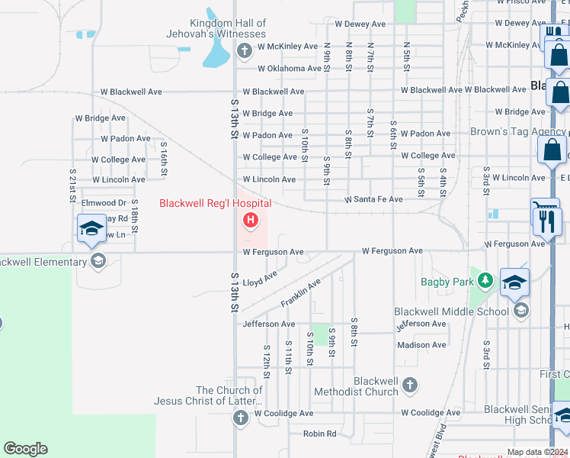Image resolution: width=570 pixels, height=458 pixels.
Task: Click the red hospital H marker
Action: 249,221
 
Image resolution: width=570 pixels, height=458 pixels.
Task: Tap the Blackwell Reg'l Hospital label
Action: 215,203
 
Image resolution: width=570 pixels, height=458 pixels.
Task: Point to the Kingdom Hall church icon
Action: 244,52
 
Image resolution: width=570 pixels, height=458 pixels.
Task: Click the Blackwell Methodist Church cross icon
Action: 410,384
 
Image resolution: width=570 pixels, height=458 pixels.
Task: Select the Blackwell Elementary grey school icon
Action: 97,262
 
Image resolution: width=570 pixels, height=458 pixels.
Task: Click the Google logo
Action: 25,449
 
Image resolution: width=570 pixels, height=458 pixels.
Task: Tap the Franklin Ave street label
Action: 300,293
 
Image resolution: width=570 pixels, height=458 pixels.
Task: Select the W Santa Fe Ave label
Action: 373,199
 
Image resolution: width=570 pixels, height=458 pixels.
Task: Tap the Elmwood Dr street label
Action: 104,203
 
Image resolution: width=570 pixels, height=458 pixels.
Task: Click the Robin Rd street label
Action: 319,434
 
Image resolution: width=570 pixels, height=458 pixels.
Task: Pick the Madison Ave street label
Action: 422,345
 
